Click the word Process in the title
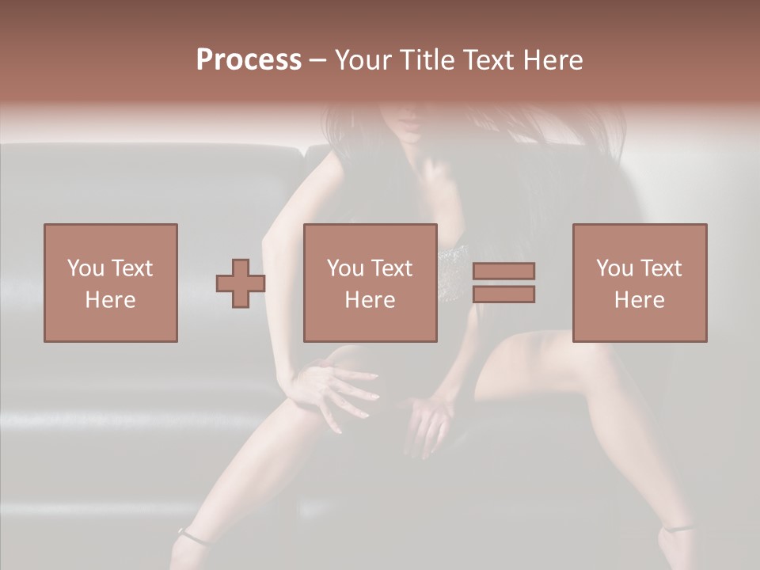tap(249, 60)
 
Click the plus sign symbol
tap(241, 283)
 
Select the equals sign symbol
tap(503, 283)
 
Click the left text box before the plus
tap(110, 283)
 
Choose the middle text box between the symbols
tap(370, 283)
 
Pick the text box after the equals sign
tap(639, 283)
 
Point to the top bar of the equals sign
tap(503, 271)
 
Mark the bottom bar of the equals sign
tap(503, 294)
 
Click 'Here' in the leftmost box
tap(110, 300)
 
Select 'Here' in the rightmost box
tap(639, 300)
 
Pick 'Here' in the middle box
tap(370, 300)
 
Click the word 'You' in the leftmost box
tap(85, 268)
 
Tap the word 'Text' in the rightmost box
tap(663, 268)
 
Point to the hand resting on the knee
tap(332, 388)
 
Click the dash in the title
tap(318, 61)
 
